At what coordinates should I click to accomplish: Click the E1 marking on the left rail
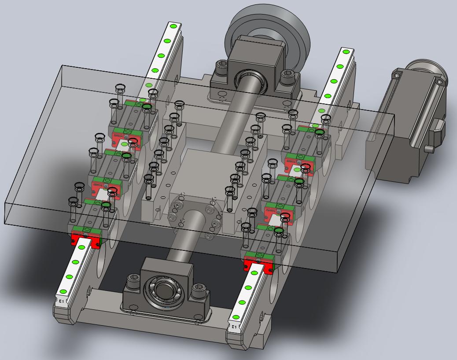[62, 301]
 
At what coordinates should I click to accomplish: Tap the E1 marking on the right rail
[234, 327]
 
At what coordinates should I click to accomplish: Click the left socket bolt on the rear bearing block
[220, 69]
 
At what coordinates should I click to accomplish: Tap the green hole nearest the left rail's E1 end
[63, 291]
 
